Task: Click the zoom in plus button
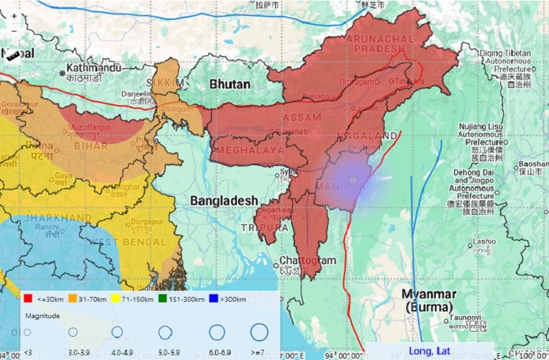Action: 14,16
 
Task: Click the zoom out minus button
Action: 14,30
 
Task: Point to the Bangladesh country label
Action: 224,200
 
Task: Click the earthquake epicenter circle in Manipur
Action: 353,180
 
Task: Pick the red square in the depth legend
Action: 27,299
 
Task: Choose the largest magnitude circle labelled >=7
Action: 259,333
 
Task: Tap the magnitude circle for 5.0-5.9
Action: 165,333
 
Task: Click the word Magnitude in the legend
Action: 42,316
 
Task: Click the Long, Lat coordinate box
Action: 429,351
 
